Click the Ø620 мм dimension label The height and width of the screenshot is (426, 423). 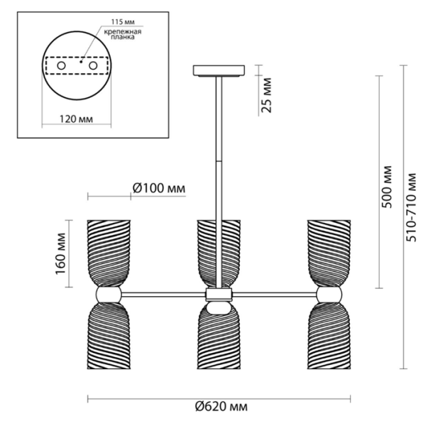221,406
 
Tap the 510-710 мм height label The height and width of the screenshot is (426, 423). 412,207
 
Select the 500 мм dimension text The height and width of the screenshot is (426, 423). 387,187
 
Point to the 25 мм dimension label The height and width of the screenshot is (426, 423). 266,95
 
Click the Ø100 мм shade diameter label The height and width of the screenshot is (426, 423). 159,188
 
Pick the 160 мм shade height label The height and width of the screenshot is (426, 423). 60,253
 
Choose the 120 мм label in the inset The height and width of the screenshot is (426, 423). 76,119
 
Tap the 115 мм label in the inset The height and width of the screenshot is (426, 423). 123,21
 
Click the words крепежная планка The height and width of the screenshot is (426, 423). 123,34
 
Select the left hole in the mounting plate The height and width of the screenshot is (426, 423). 61,66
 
